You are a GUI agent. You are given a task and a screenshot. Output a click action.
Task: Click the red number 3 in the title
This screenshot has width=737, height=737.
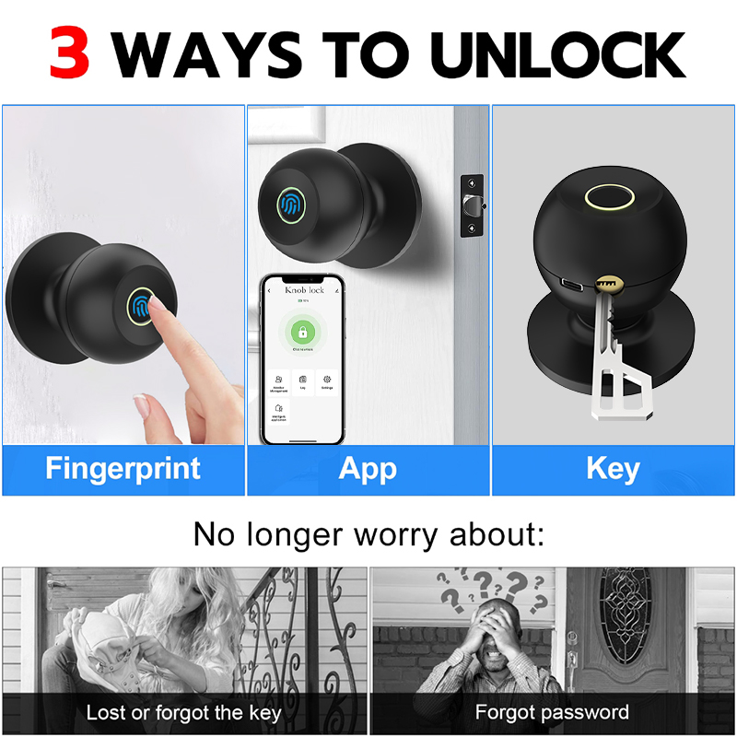click(x=69, y=53)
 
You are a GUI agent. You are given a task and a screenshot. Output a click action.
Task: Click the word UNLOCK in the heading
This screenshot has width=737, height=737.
click(x=558, y=53)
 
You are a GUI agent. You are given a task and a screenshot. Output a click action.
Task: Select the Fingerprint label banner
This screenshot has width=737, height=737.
click(x=123, y=468)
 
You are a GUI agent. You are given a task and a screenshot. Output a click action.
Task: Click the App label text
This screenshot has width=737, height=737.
click(x=368, y=468)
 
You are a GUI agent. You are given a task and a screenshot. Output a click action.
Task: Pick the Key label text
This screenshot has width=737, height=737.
click(x=613, y=468)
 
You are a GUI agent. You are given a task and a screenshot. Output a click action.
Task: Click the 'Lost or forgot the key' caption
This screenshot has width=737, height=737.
click(x=184, y=712)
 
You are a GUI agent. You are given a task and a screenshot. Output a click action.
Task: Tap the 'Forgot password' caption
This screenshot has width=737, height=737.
click(x=552, y=712)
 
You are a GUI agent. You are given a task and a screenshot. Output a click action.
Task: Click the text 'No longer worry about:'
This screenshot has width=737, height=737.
click(x=368, y=533)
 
